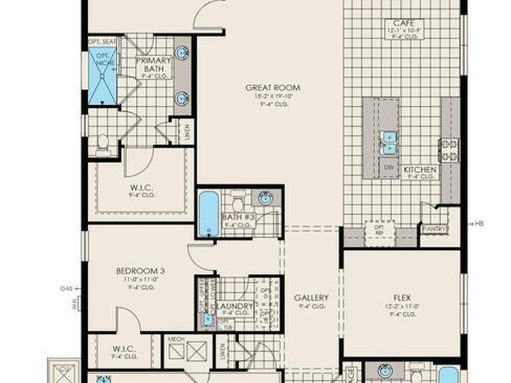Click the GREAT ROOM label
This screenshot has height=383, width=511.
click(x=272, y=88)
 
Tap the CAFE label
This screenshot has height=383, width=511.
click(x=404, y=23)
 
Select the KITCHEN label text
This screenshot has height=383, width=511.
click(x=420, y=170)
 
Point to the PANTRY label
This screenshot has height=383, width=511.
click(x=434, y=229)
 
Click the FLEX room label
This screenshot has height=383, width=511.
click(x=401, y=298)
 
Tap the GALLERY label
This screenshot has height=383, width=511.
click(x=311, y=298)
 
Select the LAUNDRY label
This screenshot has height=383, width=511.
click(x=234, y=306)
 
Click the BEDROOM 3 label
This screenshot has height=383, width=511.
click(x=140, y=271)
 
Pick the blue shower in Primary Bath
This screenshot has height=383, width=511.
click(x=103, y=76)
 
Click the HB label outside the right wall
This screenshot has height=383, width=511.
click(x=479, y=224)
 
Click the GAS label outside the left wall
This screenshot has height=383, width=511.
click(x=66, y=288)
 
